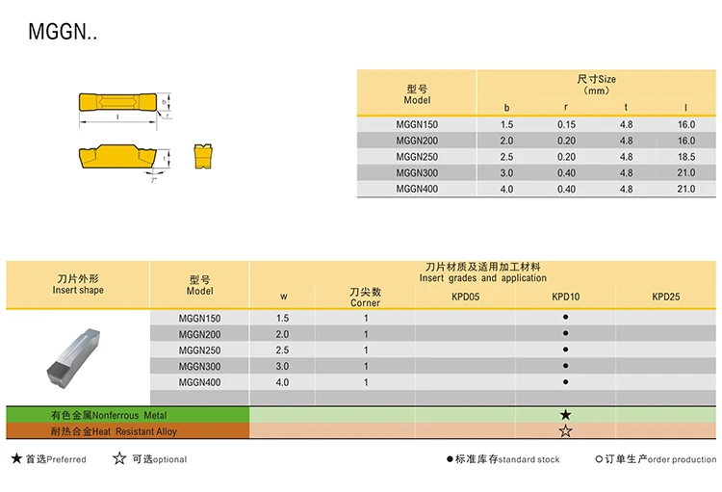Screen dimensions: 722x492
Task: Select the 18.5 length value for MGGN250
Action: pyautogui.click(x=685, y=157)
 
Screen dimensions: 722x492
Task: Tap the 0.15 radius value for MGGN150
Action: pyautogui.click(x=566, y=125)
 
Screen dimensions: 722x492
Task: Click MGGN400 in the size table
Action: pyautogui.click(x=417, y=190)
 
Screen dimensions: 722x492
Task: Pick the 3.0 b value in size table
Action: pyautogui.click(x=506, y=173)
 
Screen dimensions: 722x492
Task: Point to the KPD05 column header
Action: pyautogui.click(x=465, y=297)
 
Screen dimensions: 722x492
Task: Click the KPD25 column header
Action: pyautogui.click(x=665, y=297)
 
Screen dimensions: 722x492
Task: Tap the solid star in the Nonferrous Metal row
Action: pyautogui.click(x=565, y=415)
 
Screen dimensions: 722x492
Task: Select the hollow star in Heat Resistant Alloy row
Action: pyautogui.click(x=565, y=431)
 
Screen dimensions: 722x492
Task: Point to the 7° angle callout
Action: pyautogui.click(x=154, y=179)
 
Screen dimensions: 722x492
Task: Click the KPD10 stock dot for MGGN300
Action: pyautogui.click(x=565, y=366)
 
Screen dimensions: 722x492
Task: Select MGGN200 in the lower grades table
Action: pyautogui.click(x=200, y=334)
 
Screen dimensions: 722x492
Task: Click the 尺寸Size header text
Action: pyautogui.click(x=597, y=79)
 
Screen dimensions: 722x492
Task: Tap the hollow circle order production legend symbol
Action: pyautogui.click(x=599, y=459)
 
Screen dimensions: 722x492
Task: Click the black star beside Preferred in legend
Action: pyautogui.click(x=16, y=459)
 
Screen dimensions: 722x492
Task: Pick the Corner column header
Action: pyautogui.click(x=366, y=303)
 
